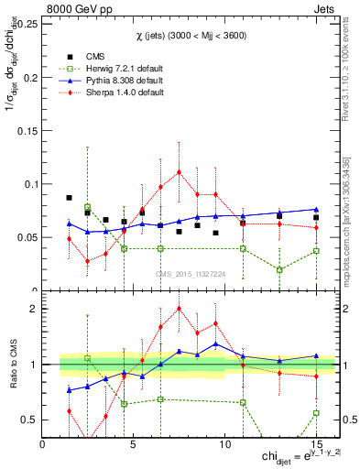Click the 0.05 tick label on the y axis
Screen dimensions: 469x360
coord(26,237)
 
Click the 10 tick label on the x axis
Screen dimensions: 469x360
coord(226,443)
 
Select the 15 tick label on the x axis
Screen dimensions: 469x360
coord(317,443)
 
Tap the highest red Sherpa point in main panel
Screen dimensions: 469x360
coord(180,171)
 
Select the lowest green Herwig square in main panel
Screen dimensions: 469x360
coord(279,269)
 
